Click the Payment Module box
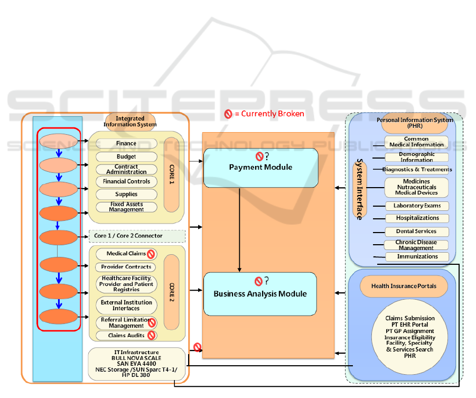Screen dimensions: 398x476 [260, 168]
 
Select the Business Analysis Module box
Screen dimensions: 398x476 [260, 293]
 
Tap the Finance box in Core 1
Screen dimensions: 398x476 [126, 143]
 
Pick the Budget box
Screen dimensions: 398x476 [126, 156]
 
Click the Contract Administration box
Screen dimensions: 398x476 [126, 169]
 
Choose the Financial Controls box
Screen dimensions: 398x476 [126, 181]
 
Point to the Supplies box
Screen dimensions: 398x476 [126, 194]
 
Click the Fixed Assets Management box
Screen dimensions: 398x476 [126, 207]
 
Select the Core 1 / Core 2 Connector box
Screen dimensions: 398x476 [137, 235]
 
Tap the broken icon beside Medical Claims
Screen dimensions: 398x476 [151, 254]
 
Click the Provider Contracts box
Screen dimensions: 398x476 [126, 267]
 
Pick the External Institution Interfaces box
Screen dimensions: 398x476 [126, 305]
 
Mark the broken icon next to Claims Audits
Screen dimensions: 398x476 [151, 335]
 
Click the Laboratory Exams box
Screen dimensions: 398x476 [417, 206]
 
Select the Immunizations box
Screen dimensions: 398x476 [417, 256]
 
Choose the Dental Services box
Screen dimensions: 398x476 [416, 231]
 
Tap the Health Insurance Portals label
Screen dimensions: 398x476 [404, 286]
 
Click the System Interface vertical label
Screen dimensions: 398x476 [359, 189]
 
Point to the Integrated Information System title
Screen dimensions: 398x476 [130, 122]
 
